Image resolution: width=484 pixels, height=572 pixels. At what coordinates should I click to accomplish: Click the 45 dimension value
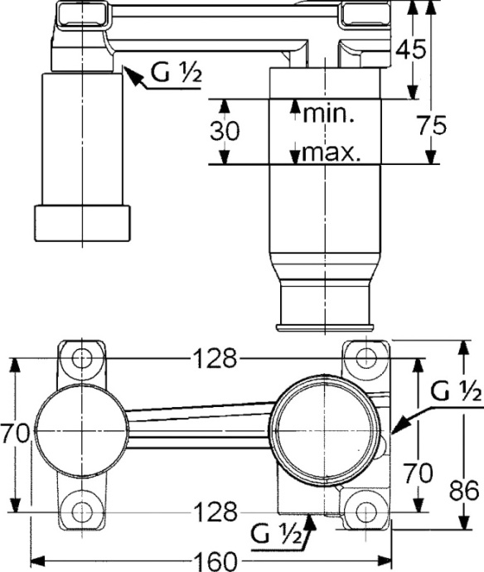410,49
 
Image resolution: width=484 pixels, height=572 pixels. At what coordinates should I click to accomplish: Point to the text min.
328,114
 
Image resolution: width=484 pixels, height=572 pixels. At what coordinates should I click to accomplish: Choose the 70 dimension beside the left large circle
16,434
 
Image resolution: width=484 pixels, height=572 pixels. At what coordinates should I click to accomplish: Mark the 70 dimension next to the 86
419,473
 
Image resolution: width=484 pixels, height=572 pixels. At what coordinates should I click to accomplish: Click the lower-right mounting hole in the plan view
366,510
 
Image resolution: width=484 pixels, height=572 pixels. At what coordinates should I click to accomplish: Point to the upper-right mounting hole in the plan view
366,358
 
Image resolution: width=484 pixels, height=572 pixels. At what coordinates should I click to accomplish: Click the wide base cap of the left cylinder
82,222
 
